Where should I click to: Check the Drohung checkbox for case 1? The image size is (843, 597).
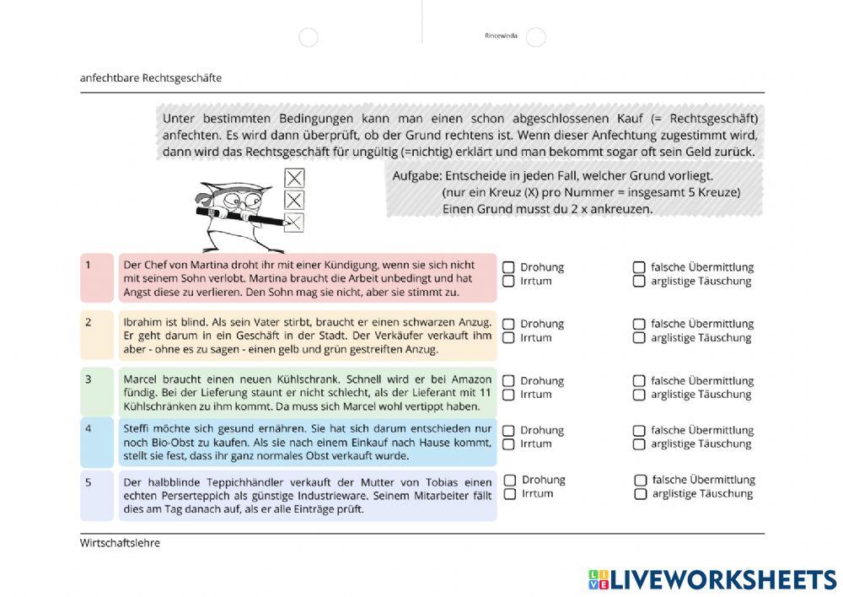(509, 266)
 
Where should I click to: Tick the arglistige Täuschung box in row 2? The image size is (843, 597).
(640, 338)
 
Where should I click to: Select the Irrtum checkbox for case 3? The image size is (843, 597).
(509, 395)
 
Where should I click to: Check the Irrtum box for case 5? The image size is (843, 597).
(510, 494)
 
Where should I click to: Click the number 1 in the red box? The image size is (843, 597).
(88, 265)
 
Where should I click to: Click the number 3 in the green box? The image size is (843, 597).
(88, 379)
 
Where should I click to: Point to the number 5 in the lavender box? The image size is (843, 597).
(88, 482)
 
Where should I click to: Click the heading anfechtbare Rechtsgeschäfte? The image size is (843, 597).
(151, 78)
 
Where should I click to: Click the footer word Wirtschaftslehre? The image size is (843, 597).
(120, 543)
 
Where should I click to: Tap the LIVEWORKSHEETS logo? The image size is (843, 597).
(712, 579)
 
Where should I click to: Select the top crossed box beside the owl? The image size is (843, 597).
(294, 178)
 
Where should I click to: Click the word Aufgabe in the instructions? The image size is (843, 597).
(416, 175)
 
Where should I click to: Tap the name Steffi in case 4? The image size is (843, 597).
(137, 428)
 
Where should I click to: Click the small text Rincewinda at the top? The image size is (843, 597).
(501, 36)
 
